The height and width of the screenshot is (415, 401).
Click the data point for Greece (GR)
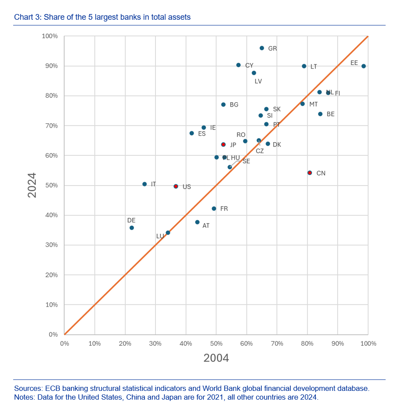[x=262, y=48]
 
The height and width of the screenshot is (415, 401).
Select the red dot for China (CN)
[x=310, y=173]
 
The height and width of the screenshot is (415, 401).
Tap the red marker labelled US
[x=176, y=186]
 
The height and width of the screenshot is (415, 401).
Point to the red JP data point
[x=223, y=144]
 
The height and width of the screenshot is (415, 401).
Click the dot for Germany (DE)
[x=132, y=228]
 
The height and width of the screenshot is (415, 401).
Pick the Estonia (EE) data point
[x=364, y=66]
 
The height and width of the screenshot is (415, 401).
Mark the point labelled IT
[x=145, y=184]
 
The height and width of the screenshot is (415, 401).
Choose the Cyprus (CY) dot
[x=238, y=65]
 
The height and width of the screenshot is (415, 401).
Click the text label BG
[x=234, y=105]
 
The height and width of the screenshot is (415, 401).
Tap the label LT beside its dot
[x=314, y=67]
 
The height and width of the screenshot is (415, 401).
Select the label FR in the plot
[x=224, y=209]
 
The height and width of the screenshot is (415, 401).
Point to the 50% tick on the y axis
[x=52, y=186]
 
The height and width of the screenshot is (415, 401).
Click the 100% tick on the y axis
[x=50, y=36]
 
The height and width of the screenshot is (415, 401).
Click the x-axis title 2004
[x=216, y=358]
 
